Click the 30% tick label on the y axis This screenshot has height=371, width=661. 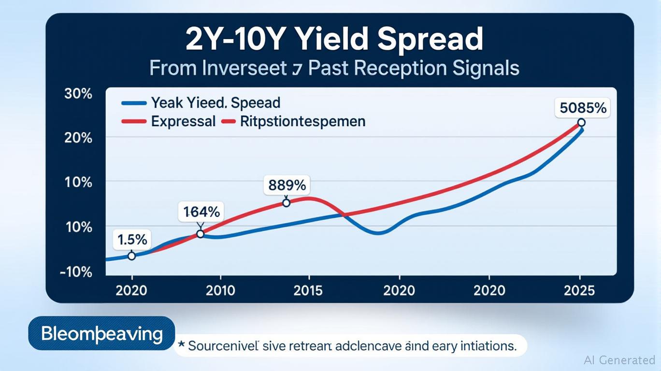coord(78,94)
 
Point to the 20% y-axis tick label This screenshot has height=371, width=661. coord(78,138)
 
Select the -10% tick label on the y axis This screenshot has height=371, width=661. coord(76,272)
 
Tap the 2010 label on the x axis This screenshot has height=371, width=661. coord(220,290)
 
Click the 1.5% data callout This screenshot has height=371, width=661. coord(132,239)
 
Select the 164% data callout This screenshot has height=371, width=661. coord(201,212)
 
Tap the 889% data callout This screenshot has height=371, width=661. coord(287,185)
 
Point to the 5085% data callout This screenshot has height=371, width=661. coord(583,108)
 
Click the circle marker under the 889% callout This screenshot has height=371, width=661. coord(286,203)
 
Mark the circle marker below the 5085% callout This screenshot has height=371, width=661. coord(581,123)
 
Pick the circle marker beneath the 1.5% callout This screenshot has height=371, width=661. coord(131,256)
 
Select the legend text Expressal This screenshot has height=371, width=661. coord(183,121)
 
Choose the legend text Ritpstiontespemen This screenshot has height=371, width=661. coord(302,121)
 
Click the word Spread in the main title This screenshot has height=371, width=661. coord(430,40)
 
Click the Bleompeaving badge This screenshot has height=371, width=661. coord(101,333)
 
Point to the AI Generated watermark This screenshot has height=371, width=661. coord(619,360)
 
